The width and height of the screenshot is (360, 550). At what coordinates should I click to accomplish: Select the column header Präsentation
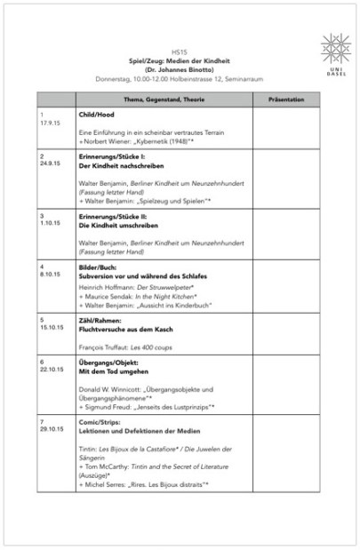pyautogui.click(x=280, y=100)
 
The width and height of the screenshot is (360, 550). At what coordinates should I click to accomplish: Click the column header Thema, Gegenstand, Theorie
pyautogui.click(x=164, y=100)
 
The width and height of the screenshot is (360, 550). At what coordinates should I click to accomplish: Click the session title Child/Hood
pyautogui.click(x=96, y=116)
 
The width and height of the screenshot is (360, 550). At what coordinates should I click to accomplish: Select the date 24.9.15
pyautogui.click(x=50, y=164)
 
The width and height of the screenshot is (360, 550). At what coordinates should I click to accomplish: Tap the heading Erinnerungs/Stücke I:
pyautogui.click(x=112, y=156)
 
